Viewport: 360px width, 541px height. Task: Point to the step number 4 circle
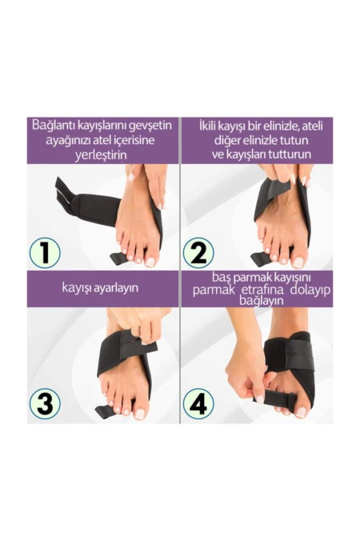click(198, 403)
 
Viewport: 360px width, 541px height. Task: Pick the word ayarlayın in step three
click(119, 287)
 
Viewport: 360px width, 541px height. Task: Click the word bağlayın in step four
click(261, 301)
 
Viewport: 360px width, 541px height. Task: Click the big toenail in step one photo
click(150, 261)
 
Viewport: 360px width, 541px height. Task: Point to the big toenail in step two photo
click(297, 262)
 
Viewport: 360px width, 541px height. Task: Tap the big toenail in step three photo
click(140, 413)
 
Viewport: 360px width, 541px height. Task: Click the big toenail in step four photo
click(300, 411)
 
